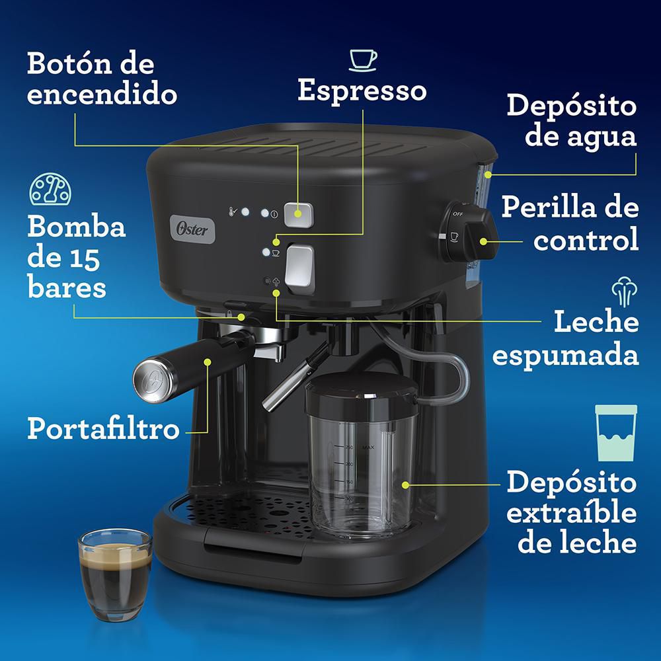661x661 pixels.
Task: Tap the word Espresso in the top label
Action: (362, 91)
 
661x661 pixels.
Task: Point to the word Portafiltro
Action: (103, 428)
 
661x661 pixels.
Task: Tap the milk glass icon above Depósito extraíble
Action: (616, 433)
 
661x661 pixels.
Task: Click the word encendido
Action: (102, 95)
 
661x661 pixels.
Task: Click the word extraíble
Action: (572, 513)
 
